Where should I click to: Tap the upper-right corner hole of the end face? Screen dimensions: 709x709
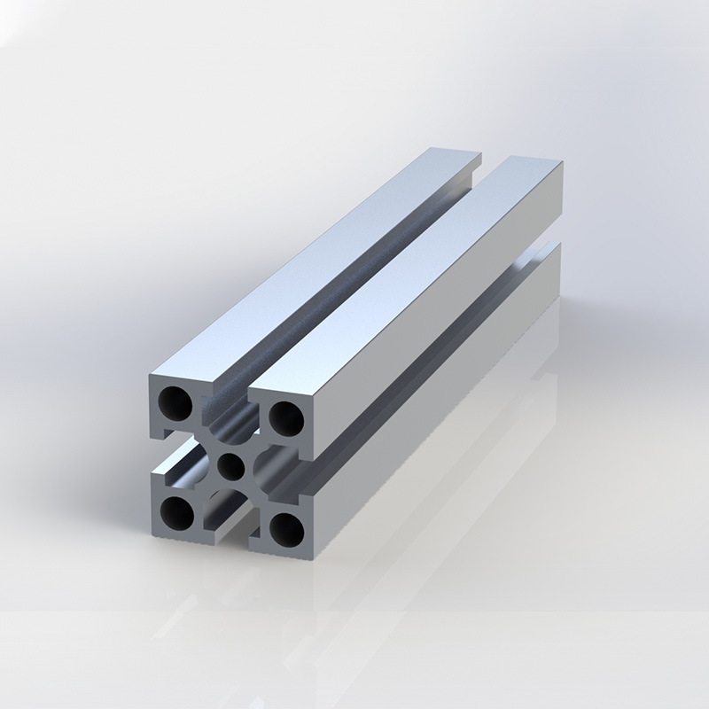tap(284, 416)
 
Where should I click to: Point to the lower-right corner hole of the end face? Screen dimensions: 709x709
tap(285, 529)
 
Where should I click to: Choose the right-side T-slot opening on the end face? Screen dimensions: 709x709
tap(288, 473)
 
